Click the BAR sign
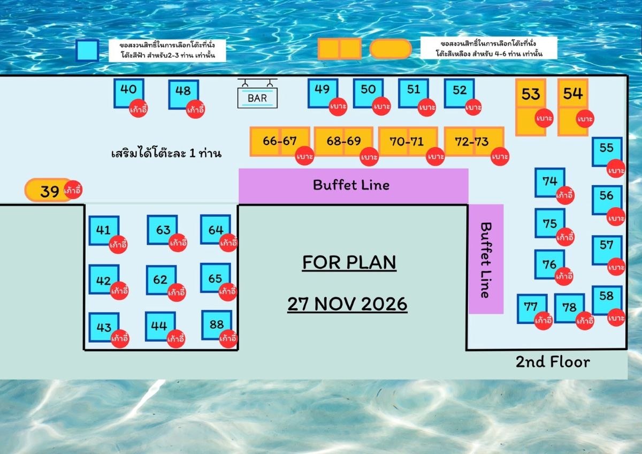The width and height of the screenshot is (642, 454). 257,94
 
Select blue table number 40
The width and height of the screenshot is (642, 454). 129,93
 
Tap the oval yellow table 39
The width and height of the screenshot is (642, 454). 48,190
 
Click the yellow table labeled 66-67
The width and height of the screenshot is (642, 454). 280,141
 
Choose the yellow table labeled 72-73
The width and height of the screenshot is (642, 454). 474,141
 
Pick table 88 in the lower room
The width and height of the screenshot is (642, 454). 217,325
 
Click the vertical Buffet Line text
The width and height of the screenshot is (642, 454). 486,260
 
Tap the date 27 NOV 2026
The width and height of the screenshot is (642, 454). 347,304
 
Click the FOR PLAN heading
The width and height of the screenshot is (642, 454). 349,262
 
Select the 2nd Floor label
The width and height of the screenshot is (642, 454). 553,362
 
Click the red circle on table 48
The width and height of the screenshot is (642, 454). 195,109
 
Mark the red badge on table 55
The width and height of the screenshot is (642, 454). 616,169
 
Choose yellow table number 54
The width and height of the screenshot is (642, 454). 573,107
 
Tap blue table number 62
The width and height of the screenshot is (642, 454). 162,280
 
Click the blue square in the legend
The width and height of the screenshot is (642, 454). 87,50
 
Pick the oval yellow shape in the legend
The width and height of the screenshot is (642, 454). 391,49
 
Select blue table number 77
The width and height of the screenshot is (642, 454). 532,308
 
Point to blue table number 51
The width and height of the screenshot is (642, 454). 414,93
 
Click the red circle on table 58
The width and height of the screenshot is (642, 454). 616,317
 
